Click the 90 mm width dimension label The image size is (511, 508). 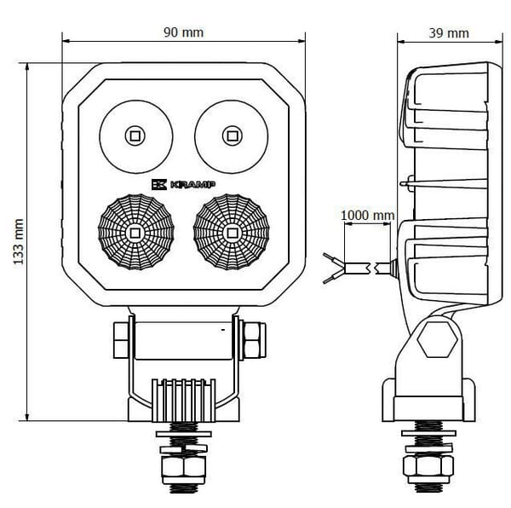[x=185, y=32]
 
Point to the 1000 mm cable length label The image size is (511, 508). [x=367, y=216]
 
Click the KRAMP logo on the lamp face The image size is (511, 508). [x=183, y=184]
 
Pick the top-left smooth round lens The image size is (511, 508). [x=135, y=135]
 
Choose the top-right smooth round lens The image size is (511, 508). [x=231, y=135]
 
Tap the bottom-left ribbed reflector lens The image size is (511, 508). [x=135, y=232]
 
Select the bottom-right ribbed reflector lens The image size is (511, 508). [x=231, y=232]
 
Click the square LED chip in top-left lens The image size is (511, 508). [x=135, y=135]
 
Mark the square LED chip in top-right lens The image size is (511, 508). [x=231, y=135]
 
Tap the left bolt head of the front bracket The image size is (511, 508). [x=120, y=340]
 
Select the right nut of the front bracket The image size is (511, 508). [x=252, y=340]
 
